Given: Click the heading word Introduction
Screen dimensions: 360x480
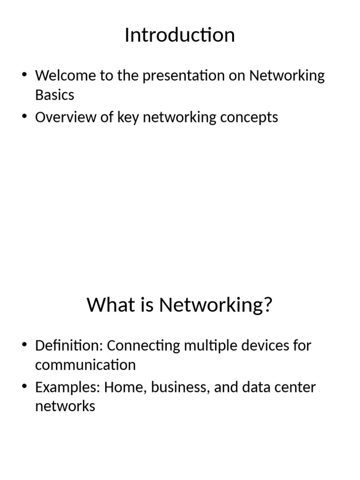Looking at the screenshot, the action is point(180,35).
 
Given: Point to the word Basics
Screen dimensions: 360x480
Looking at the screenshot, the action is point(54,95).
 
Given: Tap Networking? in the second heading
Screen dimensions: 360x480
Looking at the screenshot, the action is point(216,306).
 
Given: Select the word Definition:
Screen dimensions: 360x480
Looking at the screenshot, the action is point(68,345).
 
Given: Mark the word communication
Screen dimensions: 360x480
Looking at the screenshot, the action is point(85,365).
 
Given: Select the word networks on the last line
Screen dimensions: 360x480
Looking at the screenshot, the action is point(65,406).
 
